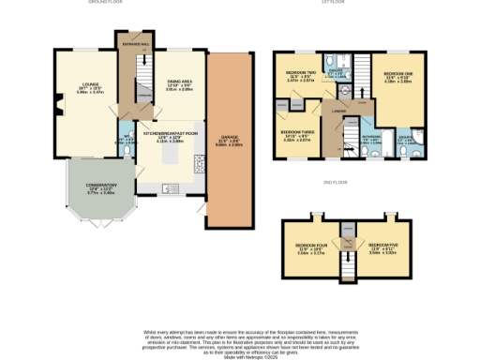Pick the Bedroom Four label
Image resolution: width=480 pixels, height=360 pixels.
[x=309, y=248]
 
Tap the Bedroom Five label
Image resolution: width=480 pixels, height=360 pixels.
[x=382, y=248]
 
